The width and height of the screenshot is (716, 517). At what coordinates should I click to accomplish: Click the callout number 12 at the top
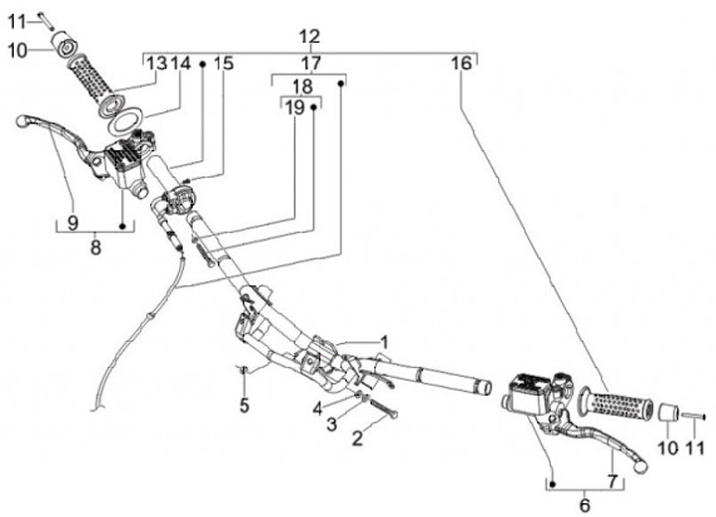309,36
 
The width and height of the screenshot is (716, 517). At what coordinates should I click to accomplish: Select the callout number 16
460,63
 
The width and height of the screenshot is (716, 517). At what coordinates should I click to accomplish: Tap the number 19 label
294,107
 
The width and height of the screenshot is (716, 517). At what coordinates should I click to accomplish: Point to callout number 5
245,405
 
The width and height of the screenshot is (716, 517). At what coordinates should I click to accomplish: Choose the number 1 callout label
385,342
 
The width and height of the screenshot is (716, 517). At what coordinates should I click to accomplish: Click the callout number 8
95,248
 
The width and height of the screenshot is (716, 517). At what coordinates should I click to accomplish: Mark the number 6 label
585,506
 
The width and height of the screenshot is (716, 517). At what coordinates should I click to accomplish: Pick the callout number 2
357,438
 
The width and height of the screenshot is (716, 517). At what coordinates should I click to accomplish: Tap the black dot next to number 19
313,107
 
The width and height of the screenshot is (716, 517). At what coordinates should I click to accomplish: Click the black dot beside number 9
122,226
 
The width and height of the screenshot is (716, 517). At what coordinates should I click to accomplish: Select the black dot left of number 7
553,483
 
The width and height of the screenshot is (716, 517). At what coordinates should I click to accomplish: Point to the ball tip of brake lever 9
22,121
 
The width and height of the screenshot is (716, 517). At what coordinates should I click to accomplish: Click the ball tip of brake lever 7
640,465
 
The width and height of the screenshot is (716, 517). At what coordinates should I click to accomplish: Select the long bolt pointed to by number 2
381,408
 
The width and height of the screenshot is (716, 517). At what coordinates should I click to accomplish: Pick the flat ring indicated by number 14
127,122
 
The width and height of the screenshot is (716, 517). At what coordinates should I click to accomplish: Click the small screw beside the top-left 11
44,21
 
